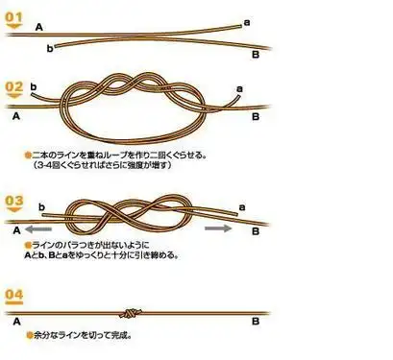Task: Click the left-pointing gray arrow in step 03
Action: coord(39,230)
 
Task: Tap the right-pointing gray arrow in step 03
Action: coord(218,228)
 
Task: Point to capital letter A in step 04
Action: coord(16,315)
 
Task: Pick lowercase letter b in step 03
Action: coord(42,207)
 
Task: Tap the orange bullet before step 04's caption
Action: coord(27,336)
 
